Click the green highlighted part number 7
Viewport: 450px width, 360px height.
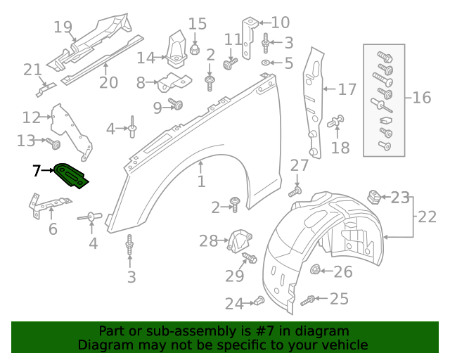pos(72,174)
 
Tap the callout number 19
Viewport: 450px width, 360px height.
pos(63,27)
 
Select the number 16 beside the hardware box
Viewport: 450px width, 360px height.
pos(422,97)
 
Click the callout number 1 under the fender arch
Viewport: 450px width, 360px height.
pos(201,182)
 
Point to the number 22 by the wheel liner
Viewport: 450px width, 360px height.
pos(427,217)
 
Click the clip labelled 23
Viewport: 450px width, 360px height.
pos(375,195)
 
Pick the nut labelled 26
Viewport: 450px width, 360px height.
pos(316,270)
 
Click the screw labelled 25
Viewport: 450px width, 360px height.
pos(308,301)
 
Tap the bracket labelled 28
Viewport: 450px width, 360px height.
pos(239,240)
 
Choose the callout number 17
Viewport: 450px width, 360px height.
pos(347,90)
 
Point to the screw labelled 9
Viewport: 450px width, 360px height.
pos(178,105)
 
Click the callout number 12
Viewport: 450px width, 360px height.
pos(32,117)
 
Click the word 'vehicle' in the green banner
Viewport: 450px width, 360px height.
pos(343,345)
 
